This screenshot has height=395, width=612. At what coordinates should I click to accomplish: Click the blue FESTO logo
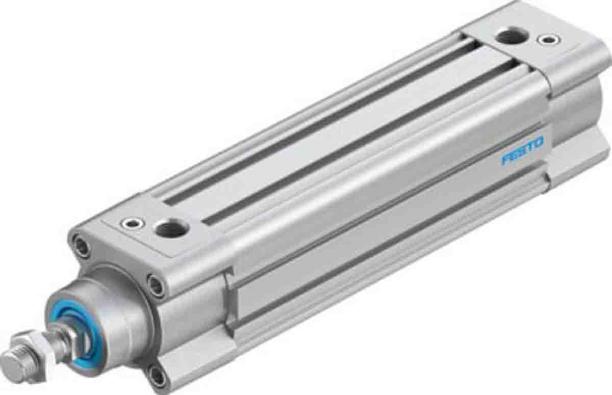point(523,151)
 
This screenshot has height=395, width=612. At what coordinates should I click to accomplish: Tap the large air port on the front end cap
point(171,229)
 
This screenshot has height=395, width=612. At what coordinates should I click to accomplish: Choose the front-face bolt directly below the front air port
point(156,283)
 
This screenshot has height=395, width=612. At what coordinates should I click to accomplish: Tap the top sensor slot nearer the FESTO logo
point(357,143)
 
